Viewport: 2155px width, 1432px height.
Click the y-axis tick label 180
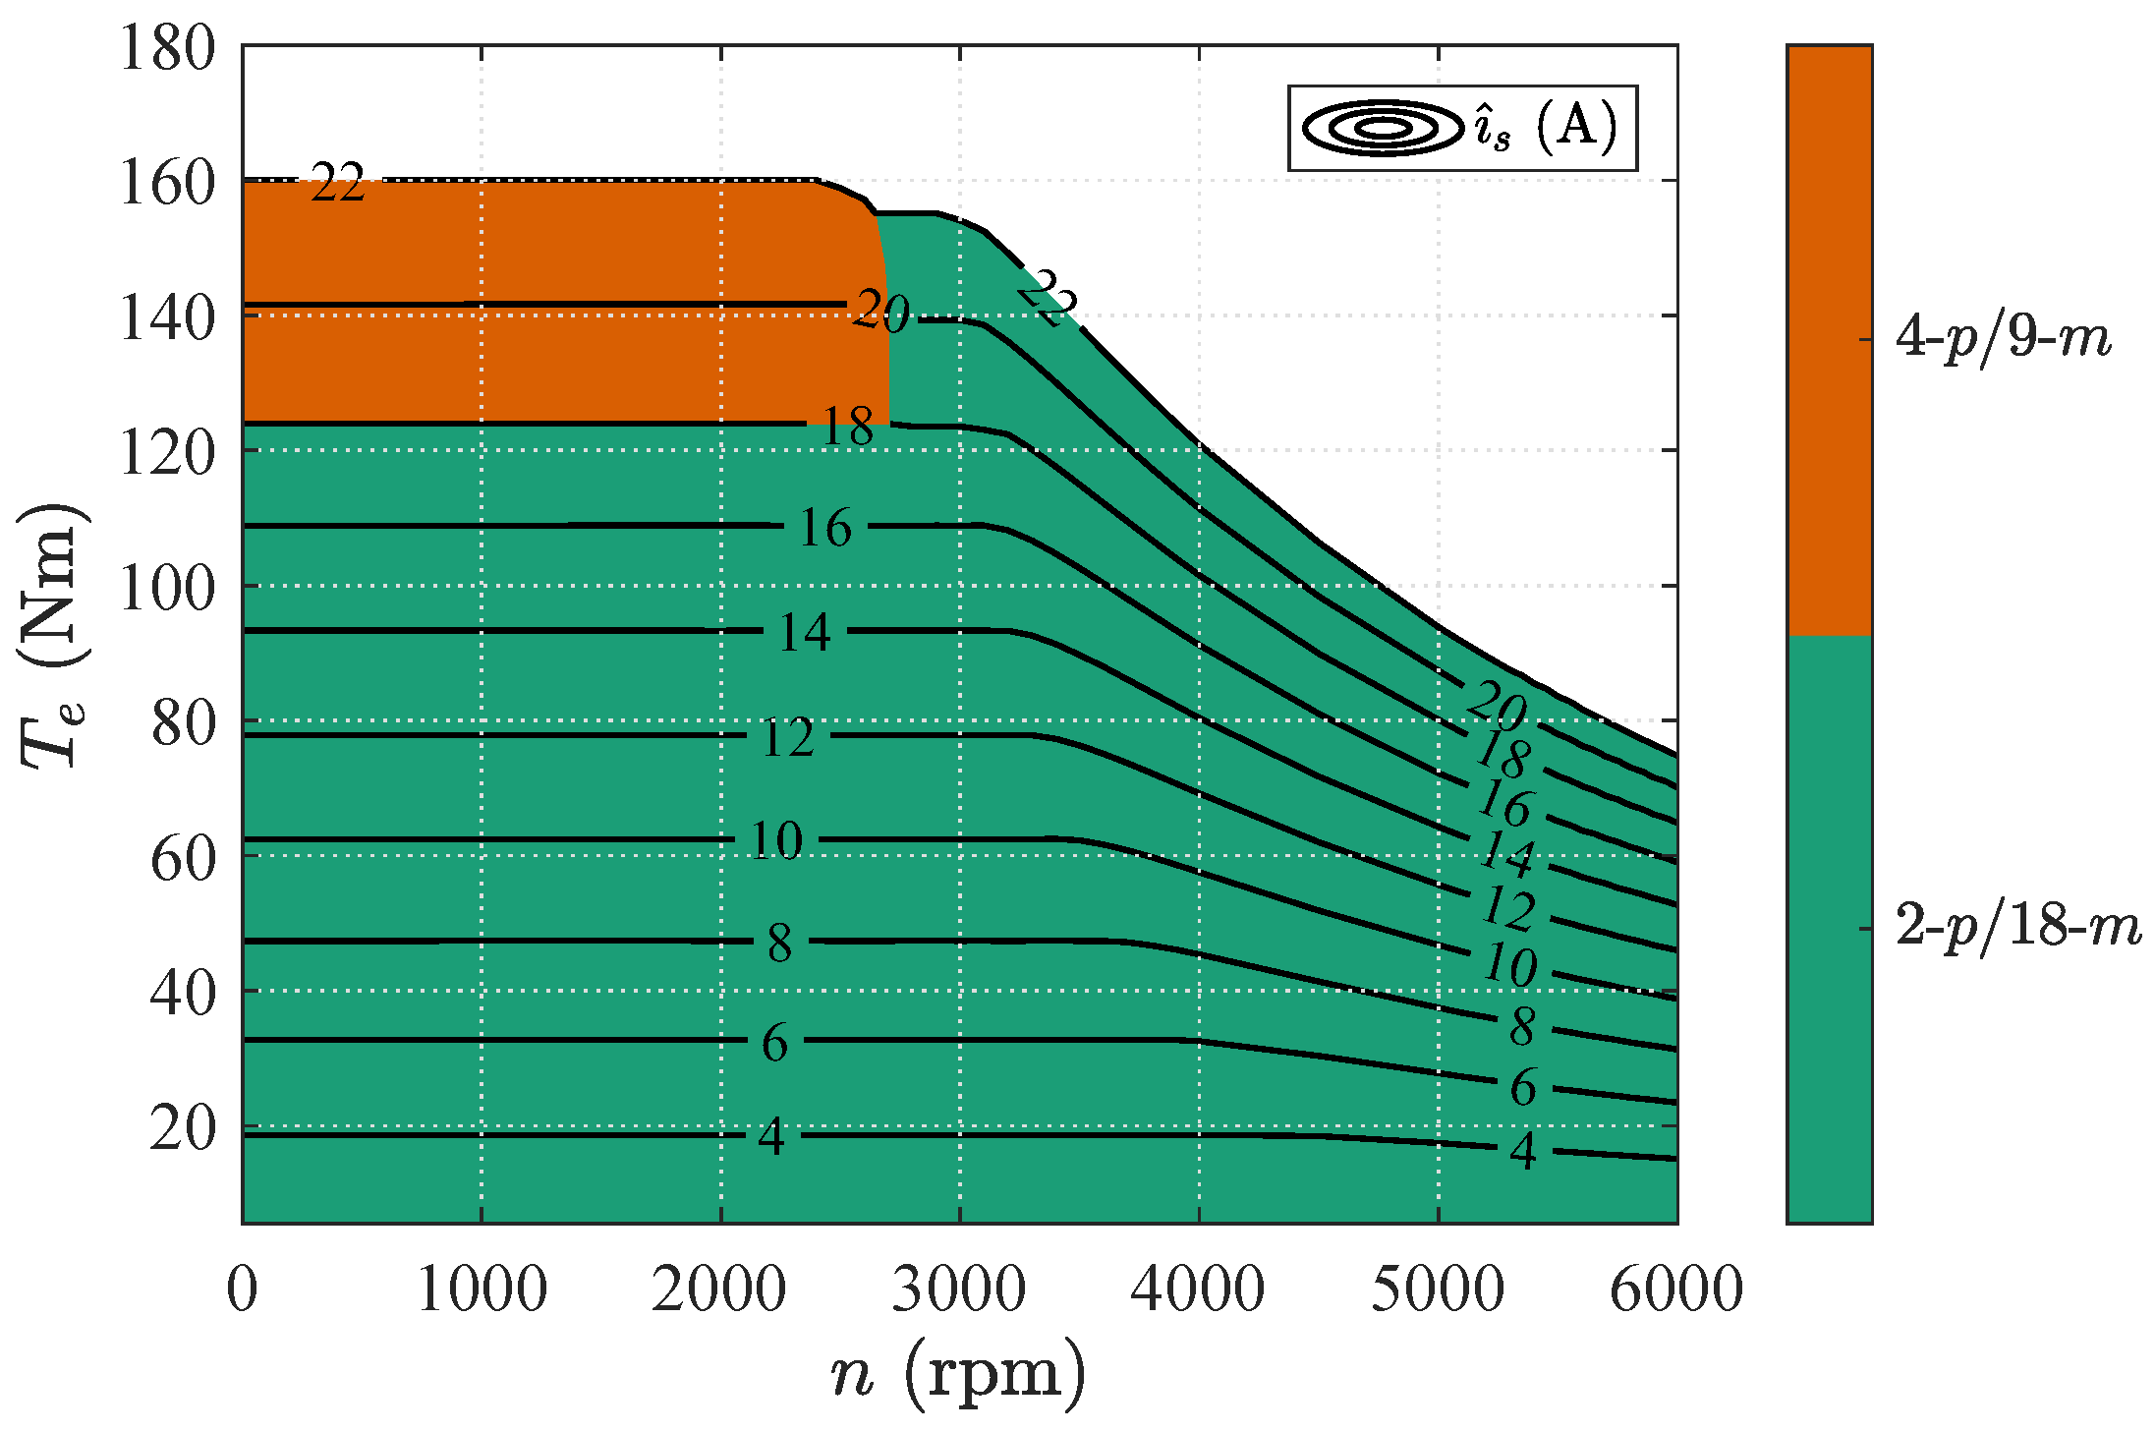(x=167, y=47)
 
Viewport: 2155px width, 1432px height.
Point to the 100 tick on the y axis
(x=167, y=588)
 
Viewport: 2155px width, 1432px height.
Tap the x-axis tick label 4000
(x=1197, y=1289)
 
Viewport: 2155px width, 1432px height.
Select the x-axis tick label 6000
(x=1675, y=1289)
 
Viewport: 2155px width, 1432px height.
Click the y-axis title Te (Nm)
(x=54, y=637)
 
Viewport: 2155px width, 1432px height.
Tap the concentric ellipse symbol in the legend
(x=1383, y=128)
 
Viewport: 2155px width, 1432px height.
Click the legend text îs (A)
(x=1545, y=128)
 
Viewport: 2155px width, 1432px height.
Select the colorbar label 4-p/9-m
(x=2003, y=339)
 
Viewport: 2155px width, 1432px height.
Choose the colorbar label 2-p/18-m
(x=2017, y=927)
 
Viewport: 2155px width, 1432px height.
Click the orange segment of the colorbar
(x=1829, y=339)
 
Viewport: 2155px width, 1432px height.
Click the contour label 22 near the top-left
(x=337, y=183)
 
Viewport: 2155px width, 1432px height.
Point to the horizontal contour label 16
(x=824, y=528)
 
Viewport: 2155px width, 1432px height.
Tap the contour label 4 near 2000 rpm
(x=771, y=1137)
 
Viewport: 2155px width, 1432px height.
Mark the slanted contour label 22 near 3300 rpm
(x=1048, y=298)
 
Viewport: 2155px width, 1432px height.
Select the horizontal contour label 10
(x=775, y=840)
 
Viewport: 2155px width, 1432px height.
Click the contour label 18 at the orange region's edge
(x=847, y=427)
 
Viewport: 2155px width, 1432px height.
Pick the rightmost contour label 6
(x=1522, y=1088)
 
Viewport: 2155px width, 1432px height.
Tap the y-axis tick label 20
(x=183, y=1128)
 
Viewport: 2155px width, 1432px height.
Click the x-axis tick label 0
(x=242, y=1289)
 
